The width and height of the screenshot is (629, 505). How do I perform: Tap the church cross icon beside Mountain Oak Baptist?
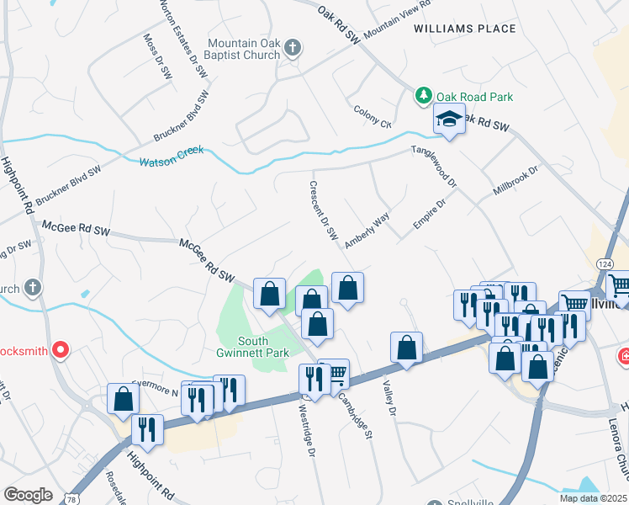pyautogui.click(x=293, y=48)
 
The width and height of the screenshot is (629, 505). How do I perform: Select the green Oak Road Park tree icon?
pyautogui.click(x=425, y=97)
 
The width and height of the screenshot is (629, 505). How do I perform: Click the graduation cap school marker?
pyautogui.click(x=449, y=120)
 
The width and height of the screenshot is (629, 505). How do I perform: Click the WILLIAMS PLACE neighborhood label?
pyautogui.click(x=465, y=29)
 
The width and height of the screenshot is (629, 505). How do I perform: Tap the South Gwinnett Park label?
pyautogui.click(x=263, y=347)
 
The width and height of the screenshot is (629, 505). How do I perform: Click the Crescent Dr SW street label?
pyautogui.click(x=324, y=210)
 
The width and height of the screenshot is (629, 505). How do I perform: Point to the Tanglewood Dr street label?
pyautogui.click(x=433, y=166)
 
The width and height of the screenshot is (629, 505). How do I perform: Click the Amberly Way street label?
pyautogui.click(x=367, y=230)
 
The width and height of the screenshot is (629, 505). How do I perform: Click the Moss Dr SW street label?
pyautogui.click(x=152, y=56)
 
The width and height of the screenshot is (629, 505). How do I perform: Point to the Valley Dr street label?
pyautogui.click(x=388, y=394)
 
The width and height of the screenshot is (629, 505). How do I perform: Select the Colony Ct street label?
pyautogui.click(x=373, y=117)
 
